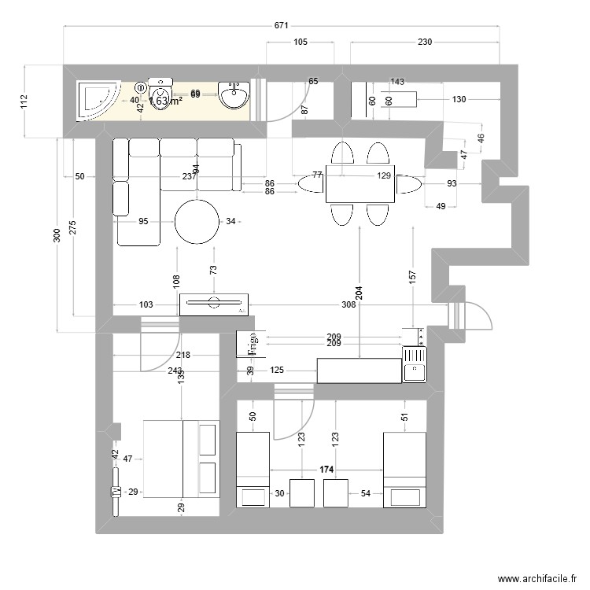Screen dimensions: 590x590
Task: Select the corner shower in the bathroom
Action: click(x=96, y=100)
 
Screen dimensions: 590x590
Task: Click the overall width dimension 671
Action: click(x=281, y=25)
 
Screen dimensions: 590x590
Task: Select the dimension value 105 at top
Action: click(x=301, y=42)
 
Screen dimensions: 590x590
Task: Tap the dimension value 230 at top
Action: click(x=425, y=42)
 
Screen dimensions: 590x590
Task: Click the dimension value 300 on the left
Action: click(x=57, y=235)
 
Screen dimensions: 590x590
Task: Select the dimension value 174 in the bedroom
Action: click(x=326, y=470)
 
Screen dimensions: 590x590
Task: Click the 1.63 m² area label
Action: click(x=166, y=101)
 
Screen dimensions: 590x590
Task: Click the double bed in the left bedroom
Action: click(x=180, y=459)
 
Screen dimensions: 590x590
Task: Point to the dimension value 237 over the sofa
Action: click(x=189, y=177)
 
